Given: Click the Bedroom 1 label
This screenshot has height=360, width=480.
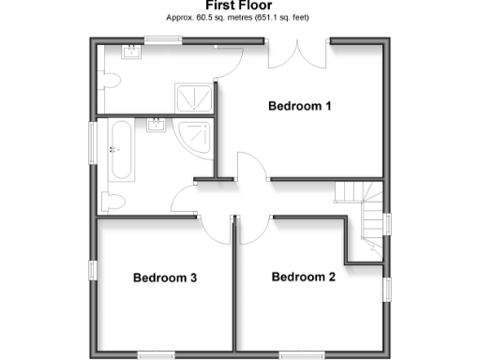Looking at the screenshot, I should (300, 106).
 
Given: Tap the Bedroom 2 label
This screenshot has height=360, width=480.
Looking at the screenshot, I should (303, 277).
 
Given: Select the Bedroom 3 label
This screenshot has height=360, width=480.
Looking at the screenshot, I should (165, 277).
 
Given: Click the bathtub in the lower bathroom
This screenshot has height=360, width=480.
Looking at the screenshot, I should (120, 150).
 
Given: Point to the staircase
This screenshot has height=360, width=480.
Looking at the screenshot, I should (361, 211).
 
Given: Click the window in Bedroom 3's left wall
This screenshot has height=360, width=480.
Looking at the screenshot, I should (93, 269).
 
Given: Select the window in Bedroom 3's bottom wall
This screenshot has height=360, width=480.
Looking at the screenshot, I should (157, 353).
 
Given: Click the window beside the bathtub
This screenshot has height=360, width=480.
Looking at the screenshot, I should (92, 142).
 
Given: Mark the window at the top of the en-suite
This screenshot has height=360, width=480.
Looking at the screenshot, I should (161, 38).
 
